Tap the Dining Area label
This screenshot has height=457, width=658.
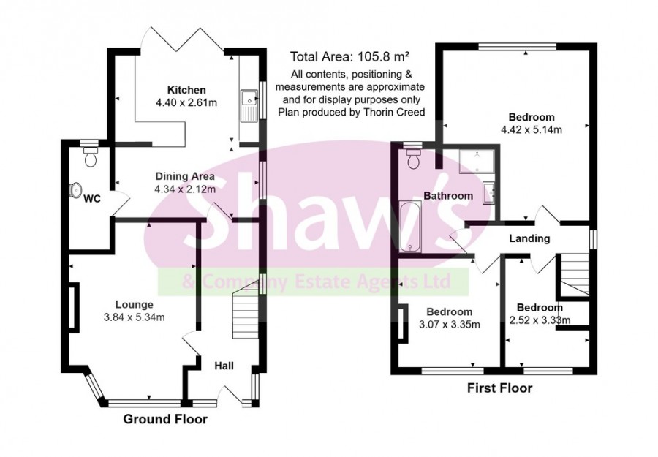click(184, 175)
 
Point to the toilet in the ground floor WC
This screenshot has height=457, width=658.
click(91, 156)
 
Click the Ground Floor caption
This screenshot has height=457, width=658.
click(164, 420)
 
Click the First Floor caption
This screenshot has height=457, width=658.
click(500, 388)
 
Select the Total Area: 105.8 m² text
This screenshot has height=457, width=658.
click(349, 56)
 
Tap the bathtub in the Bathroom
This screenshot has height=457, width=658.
click(411, 226)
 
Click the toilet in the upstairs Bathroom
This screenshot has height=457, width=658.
click(413, 158)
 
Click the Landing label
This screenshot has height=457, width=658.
click(531, 239)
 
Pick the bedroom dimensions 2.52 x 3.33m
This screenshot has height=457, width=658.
click(540, 320)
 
